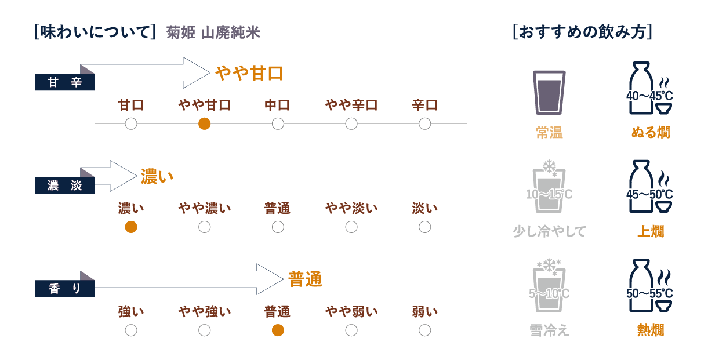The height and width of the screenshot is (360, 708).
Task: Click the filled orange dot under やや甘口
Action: click(204, 123)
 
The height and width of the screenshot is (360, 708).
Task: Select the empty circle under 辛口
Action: click(425, 123)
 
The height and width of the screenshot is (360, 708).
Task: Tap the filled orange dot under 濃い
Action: click(131, 227)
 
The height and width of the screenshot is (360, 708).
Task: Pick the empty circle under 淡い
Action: click(425, 227)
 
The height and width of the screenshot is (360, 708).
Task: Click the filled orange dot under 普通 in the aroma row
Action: click(278, 330)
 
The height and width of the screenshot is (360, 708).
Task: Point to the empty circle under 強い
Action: click(131, 330)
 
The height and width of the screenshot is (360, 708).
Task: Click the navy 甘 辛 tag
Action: click(64, 83)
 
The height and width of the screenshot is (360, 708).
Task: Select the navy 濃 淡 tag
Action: click(64, 186)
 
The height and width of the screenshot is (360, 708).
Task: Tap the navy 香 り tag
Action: click(64, 289)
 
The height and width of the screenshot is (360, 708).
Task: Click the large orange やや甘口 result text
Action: click(249, 74)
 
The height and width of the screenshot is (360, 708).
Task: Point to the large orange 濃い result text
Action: click(157, 176)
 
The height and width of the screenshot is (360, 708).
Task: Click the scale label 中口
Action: click(278, 106)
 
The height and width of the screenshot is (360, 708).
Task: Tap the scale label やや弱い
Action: click(351, 312)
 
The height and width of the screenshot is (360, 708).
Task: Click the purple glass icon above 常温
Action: click(549, 93)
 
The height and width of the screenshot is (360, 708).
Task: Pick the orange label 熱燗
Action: click(650, 330)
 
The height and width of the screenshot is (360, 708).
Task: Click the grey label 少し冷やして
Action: click(549, 232)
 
